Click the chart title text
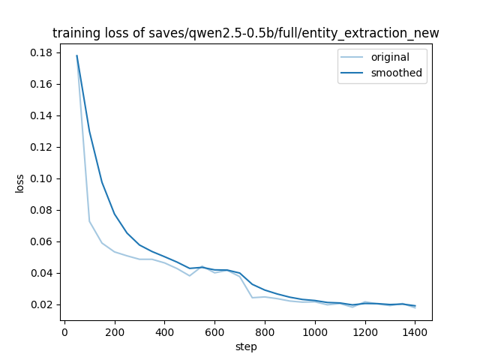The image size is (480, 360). (x=245, y=33)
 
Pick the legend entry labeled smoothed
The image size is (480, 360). (x=396, y=73)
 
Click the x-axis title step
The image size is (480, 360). (x=245, y=346)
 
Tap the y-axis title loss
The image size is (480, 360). (x=20, y=184)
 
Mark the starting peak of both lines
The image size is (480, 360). (x=76, y=55)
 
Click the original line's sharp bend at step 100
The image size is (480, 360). (x=89, y=221)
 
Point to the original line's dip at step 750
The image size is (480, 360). (x=252, y=298)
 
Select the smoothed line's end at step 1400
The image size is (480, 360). (x=415, y=306)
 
